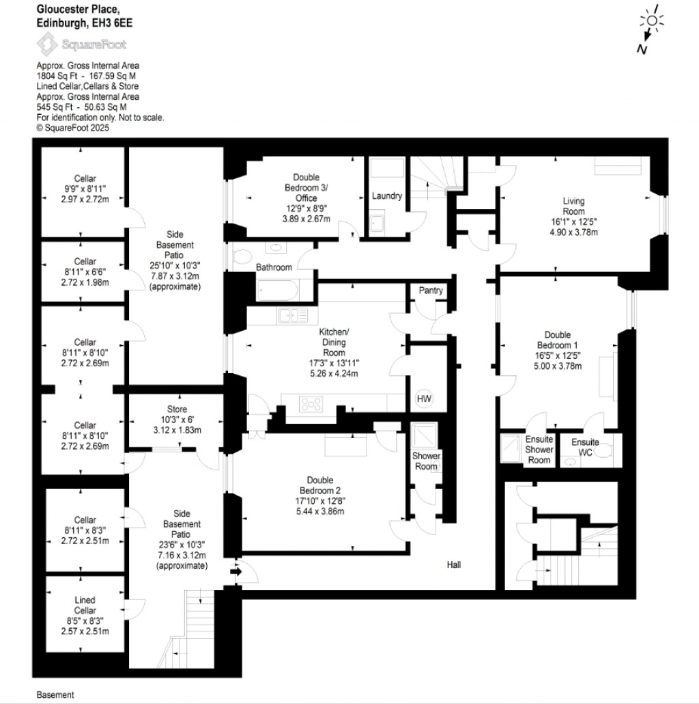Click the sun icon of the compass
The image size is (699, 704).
click(x=652, y=21)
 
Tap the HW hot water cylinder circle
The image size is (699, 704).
click(x=424, y=398)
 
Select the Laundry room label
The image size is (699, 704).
click(x=386, y=196)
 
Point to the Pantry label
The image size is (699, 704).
click(x=431, y=290)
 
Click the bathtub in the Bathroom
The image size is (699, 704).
click(x=278, y=292)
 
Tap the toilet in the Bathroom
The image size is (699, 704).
click(x=242, y=256)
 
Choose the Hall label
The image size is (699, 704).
click(x=454, y=565)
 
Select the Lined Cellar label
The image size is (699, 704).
click(x=85, y=605)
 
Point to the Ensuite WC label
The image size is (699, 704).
click(x=585, y=447)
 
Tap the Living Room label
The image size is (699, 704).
click(x=573, y=206)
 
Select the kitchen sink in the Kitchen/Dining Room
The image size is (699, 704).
click(x=293, y=315)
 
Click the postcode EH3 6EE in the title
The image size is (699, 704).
click(x=116, y=22)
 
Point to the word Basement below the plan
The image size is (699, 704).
click(x=55, y=695)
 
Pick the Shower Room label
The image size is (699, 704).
click(x=426, y=461)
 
